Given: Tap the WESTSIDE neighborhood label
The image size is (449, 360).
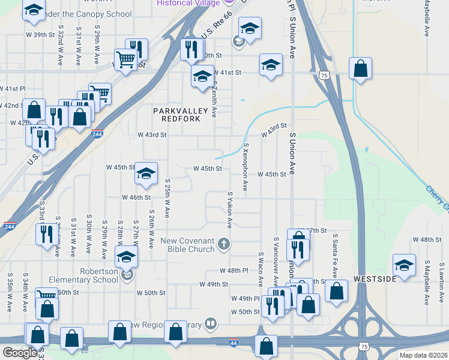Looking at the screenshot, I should pos(375,280).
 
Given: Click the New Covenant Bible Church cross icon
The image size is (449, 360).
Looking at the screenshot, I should pos(224,243).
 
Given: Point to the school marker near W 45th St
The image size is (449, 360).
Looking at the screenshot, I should pos(146,173).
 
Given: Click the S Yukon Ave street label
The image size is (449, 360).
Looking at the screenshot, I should pos(229,210).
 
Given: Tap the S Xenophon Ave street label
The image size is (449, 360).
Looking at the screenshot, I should pos(246,167).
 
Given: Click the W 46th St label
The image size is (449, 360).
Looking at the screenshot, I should pos(136,197).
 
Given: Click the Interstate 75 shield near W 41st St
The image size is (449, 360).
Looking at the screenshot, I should pos(324,75).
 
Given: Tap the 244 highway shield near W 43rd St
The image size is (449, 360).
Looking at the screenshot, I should pos(97,134).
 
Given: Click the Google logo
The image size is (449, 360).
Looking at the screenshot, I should pos(20,353).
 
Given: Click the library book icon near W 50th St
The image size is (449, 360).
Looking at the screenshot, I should pos(210,325).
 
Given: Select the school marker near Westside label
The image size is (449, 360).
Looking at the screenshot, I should pos(405,265).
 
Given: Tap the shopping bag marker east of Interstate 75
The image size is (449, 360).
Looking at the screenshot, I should pos(360,69).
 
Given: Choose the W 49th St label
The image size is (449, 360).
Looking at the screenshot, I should pos(214,284).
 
